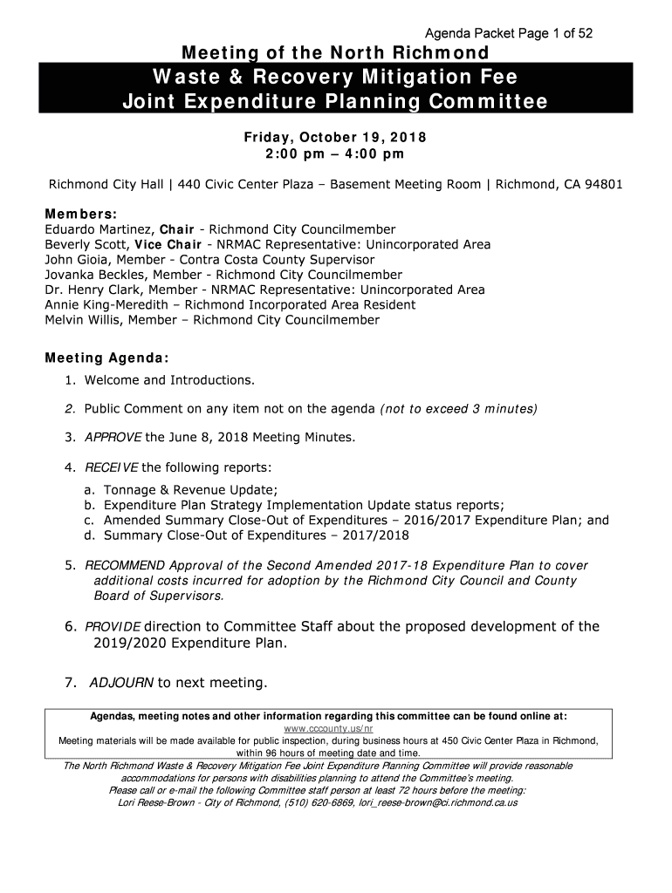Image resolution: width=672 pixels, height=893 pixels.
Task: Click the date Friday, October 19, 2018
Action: tap(334, 139)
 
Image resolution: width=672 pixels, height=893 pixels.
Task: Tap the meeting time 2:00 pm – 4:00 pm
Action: tap(334, 154)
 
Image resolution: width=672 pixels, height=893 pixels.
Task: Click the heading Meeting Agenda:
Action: tap(107, 358)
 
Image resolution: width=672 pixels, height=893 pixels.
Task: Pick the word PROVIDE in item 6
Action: tap(112, 627)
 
